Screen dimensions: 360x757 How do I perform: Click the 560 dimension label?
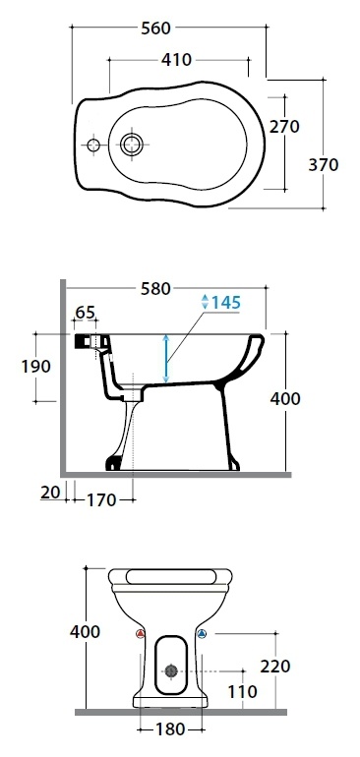coord(155,28)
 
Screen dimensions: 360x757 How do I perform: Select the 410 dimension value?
coord(176,60)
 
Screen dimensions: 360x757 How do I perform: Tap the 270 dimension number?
coord(284,127)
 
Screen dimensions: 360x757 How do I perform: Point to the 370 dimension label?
coord(324,164)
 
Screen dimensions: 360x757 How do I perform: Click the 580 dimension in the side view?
coord(155,289)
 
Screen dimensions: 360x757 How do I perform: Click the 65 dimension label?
coord(85,312)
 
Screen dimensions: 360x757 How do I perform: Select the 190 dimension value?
coord(35,367)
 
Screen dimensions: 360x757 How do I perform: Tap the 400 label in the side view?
coord(285,399)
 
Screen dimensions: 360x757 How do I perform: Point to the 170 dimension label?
coord(101,500)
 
